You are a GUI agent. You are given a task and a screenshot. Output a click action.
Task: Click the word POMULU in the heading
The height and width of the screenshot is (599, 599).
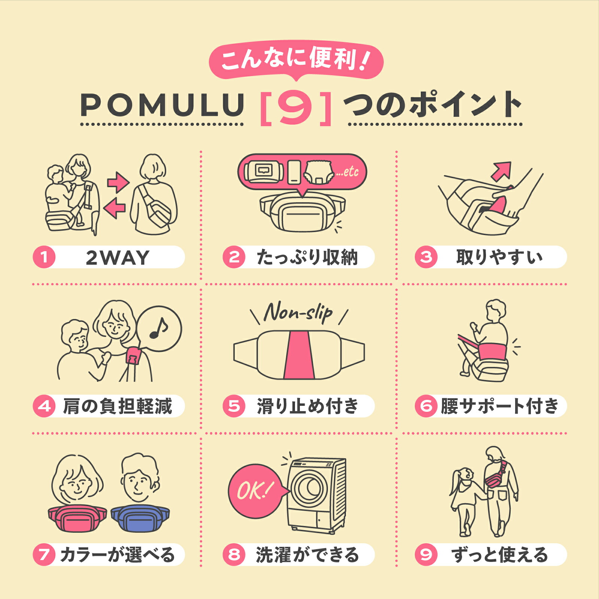tap(162, 105)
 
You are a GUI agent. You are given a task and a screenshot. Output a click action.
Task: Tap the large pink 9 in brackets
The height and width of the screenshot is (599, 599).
tap(296, 107)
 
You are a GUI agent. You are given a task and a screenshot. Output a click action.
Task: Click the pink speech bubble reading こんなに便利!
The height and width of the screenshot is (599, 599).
tap(296, 60)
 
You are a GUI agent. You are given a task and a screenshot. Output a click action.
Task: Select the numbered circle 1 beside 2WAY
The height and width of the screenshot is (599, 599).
tap(44, 257)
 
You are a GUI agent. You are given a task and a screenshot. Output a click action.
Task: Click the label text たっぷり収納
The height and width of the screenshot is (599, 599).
tap(307, 257)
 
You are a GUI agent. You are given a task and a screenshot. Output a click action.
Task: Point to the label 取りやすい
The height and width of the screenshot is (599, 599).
tap(499, 257)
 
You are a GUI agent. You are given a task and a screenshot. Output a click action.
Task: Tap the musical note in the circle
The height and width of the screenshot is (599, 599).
tap(159, 328)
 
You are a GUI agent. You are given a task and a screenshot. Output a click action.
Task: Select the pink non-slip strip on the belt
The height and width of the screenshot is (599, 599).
tap(298, 355)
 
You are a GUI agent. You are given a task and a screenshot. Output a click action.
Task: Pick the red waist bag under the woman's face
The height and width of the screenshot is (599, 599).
tap(77, 519)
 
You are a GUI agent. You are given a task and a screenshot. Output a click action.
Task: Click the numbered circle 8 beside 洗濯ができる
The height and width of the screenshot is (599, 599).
tap(234, 554)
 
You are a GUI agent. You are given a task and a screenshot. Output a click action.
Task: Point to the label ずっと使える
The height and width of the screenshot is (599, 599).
tap(500, 554)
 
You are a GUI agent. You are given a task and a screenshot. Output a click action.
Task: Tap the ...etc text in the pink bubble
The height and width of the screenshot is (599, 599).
tap(347, 172)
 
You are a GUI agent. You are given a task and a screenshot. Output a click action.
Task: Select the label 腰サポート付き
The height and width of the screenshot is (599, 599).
tap(499, 406)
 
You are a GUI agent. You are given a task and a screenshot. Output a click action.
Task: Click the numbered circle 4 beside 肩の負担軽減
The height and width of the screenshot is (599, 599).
tap(44, 406)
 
